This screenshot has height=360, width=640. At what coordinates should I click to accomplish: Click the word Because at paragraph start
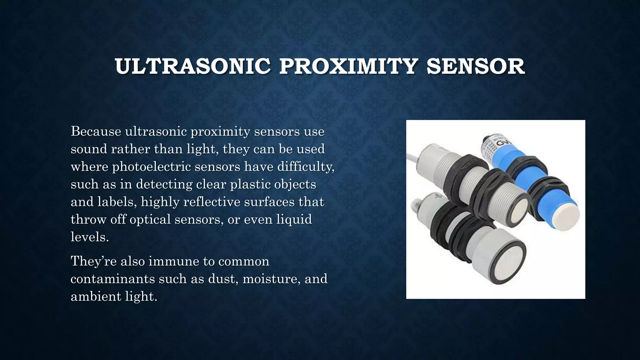tap(96, 131)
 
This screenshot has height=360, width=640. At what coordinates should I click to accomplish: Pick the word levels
tap(90, 237)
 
